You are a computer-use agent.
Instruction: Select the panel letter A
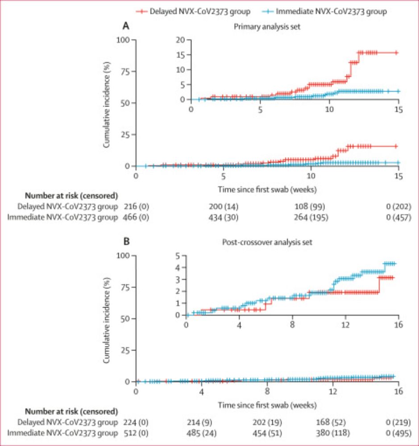coord(126,26)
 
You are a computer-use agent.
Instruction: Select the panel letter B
coord(126,242)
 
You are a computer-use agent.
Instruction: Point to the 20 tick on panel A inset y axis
coord(182,40)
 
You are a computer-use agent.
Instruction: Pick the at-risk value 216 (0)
coord(136,206)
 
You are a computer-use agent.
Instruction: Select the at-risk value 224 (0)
coord(136,421)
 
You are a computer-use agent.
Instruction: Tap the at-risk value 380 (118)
coord(332,433)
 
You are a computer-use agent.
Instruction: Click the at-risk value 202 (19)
coord(267,421)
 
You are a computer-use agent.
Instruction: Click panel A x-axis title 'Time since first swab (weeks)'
coord(267,189)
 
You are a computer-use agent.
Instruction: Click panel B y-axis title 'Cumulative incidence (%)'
coord(107,318)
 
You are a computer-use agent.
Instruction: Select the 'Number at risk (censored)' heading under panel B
coord(71,411)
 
